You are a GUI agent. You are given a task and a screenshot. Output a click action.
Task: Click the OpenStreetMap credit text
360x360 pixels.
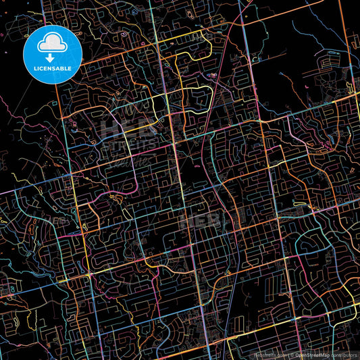pos(312,355)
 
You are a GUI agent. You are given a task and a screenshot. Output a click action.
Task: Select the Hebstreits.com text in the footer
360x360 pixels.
pos(269,355)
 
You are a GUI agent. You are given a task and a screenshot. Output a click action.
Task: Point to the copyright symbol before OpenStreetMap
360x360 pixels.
pos(293,355)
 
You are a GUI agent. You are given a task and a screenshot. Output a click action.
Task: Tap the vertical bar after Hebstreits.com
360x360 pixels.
pos(288,355)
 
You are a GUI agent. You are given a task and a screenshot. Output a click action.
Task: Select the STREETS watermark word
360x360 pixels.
pos(129,143)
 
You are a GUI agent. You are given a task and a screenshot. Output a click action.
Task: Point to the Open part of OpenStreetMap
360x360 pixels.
pos(303,355)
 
